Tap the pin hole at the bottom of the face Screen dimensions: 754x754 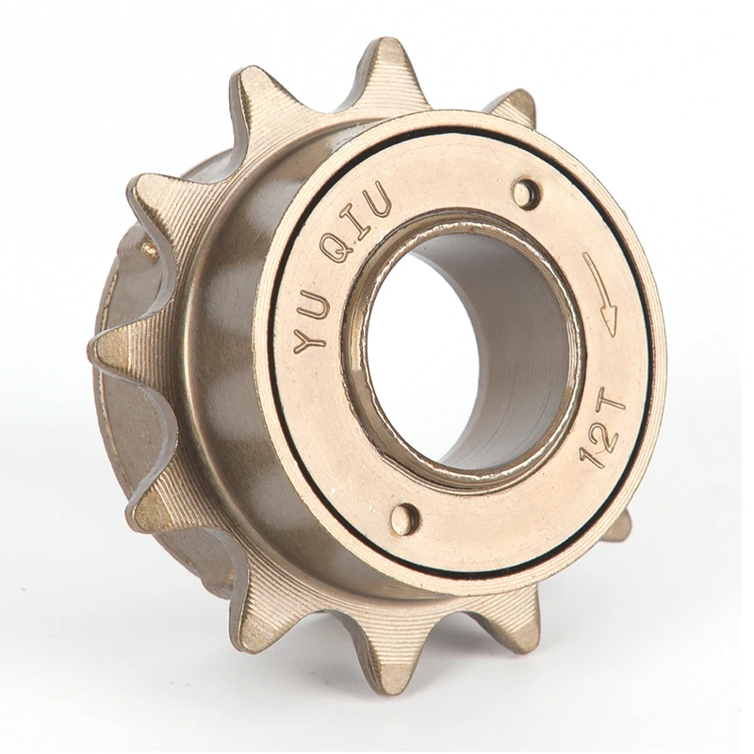[x=403, y=518]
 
